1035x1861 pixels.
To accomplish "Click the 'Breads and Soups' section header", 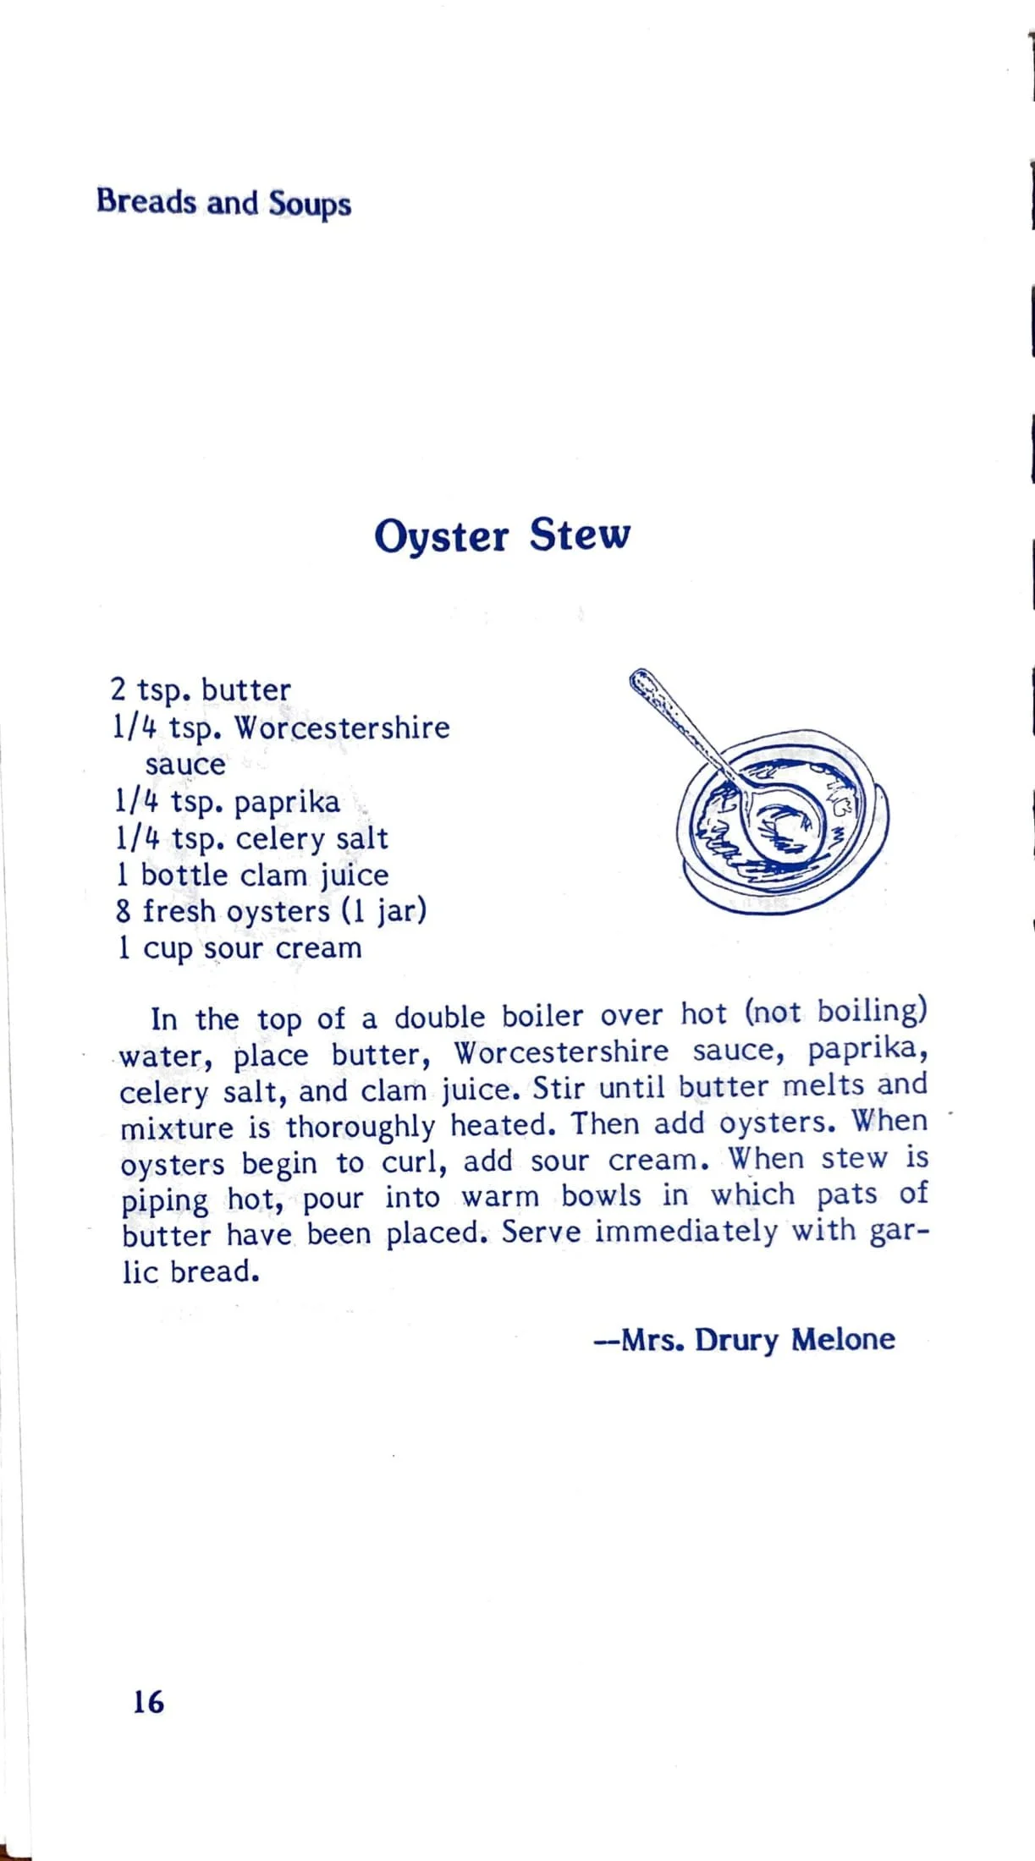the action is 223,204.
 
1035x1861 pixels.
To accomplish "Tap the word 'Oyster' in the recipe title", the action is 441,536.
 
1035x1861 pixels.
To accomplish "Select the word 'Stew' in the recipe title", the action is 580,534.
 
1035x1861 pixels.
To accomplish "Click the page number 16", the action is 148,1701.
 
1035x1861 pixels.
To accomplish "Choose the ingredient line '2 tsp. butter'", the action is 201,690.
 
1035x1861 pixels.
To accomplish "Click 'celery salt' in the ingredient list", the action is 311,838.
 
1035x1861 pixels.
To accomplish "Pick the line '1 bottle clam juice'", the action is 252,876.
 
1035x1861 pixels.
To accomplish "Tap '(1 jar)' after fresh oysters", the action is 384,912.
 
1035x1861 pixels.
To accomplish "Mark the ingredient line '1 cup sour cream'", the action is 239,948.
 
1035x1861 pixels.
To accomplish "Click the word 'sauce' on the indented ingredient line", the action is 185,765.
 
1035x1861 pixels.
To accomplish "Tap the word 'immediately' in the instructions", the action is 685,1232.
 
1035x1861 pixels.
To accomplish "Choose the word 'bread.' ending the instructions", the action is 214,1271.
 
